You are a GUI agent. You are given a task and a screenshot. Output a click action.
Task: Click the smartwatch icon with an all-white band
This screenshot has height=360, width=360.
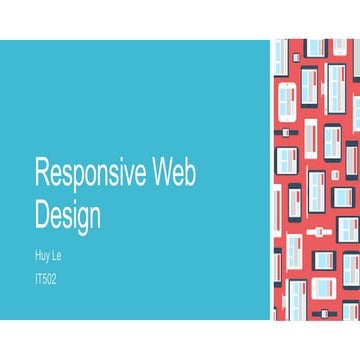[318, 231]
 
